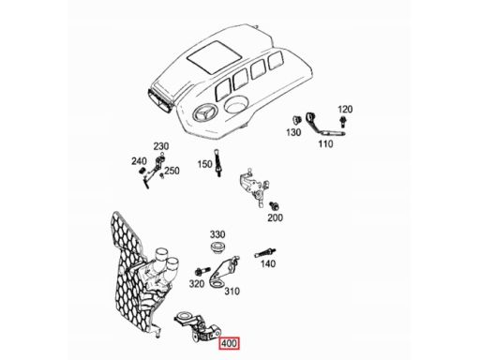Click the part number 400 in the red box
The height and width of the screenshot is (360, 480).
pos(229,344)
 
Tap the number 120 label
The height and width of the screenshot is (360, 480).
pos(345,110)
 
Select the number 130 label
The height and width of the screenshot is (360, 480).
pos(293,132)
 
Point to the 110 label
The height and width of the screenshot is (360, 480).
pos(325,144)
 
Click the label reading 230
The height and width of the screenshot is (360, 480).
pos(161,146)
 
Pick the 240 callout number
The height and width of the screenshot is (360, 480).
pos(139,161)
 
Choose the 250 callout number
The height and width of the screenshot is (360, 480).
pos(172,171)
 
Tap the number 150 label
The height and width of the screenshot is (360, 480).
pos(204,164)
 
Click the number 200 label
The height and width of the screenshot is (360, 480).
pos(275,217)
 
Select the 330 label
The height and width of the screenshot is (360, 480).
pos(217,234)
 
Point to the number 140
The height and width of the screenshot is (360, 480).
pos(268,264)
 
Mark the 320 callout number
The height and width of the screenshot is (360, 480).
pos(197,284)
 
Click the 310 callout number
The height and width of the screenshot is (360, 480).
pos(232,292)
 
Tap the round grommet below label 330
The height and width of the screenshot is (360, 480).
pos(217,247)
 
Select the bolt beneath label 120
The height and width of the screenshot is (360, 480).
pos(343,121)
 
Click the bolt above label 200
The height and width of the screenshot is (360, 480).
pos(274,206)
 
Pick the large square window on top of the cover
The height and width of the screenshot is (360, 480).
pos(215,55)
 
